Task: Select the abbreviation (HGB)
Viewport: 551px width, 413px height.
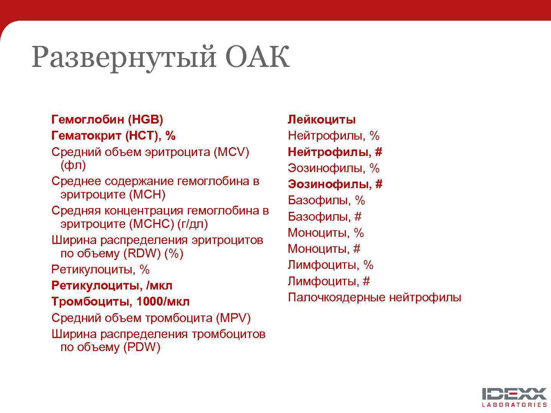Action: [x=145, y=120]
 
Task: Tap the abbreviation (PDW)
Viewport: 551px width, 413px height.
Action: [x=142, y=348]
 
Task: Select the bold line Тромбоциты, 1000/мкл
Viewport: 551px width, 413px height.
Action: [x=121, y=302]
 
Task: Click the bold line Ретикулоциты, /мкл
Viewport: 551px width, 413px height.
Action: [x=112, y=286]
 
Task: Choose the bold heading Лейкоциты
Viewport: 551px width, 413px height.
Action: [x=321, y=120]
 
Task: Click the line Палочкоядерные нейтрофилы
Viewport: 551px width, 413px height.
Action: [x=374, y=298]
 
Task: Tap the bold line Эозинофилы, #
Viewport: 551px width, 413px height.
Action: [x=335, y=184]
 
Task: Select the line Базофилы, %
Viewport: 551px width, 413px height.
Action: [x=326, y=200]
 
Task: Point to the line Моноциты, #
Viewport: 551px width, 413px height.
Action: [x=324, y=249]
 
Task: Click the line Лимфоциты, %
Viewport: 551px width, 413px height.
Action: [x=330, y=265]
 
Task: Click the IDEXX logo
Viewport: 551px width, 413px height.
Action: [x=514, y=394]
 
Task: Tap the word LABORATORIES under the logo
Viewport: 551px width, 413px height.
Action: [x=514, y=405]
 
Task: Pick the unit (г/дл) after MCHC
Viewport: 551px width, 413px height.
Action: [x=193, y=224]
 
